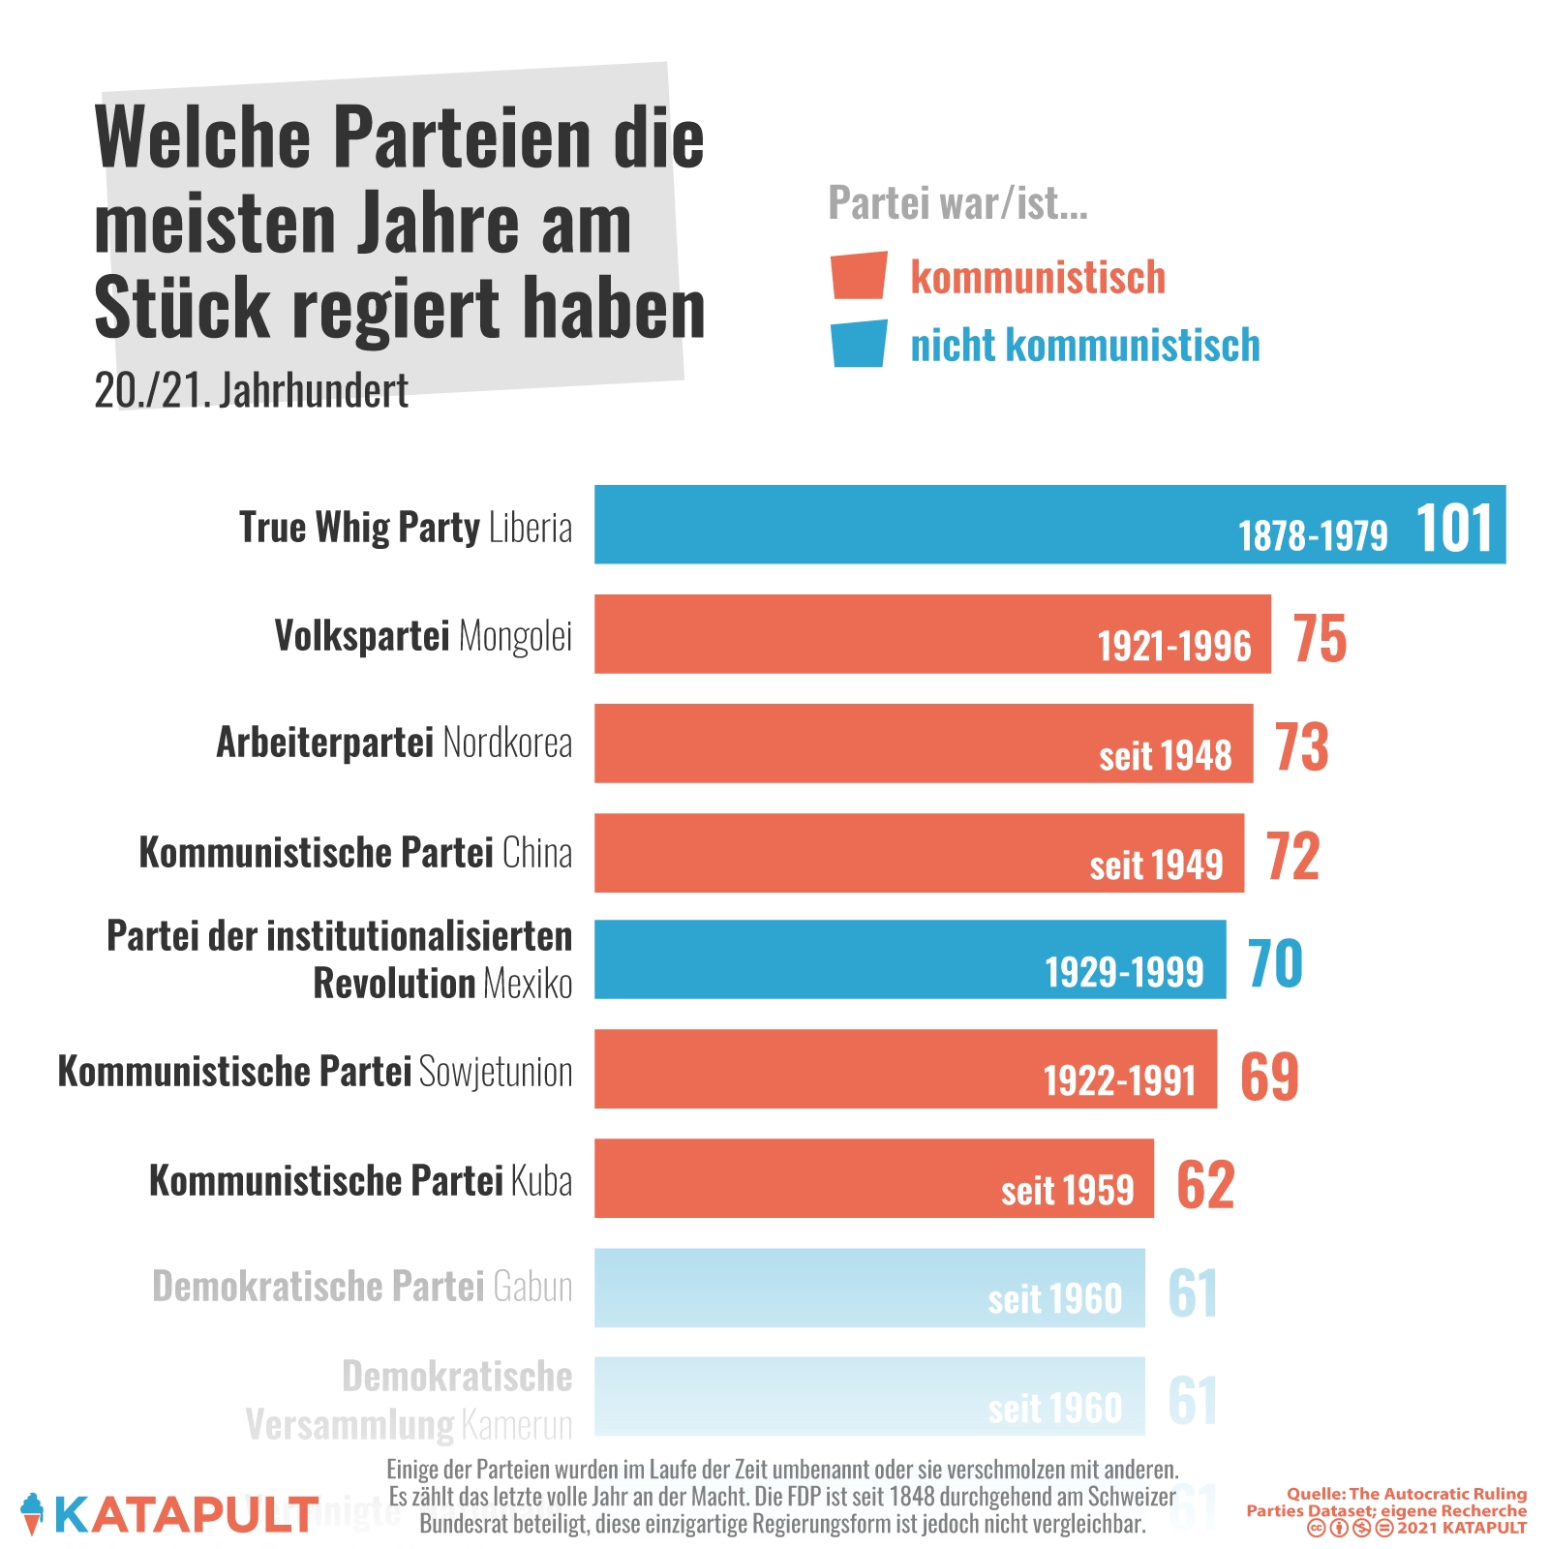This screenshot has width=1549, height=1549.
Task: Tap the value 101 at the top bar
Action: [1453, 529]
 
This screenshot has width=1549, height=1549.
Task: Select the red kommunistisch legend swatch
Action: [859, 276]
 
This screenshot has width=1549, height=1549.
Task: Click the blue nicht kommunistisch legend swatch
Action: [859, 344]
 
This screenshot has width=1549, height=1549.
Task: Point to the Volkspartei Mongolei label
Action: [423, 636]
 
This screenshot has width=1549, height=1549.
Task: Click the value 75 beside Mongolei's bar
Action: [1320, 638]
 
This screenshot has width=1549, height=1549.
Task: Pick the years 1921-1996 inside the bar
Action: [1173, 646]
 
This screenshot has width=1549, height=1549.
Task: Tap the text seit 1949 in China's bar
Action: [1156, 865]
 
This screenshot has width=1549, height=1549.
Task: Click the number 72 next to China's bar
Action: [1292, 856]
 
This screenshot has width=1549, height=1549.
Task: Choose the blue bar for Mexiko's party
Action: [909, 958]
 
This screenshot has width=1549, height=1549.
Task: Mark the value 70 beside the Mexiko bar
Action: [1275, 963]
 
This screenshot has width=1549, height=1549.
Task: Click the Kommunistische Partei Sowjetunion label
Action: [315, 1072]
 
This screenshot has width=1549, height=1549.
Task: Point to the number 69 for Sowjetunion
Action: [1269, 1075]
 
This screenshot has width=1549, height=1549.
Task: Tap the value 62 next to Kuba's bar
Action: [1205, 1184]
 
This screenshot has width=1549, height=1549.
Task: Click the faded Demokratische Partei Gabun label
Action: [362, 1287]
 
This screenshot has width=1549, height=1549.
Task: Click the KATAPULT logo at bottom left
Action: [169, 1514]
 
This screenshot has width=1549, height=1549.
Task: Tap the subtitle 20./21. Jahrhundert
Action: [251, 391]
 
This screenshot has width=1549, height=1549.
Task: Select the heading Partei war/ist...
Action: [957, 203]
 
